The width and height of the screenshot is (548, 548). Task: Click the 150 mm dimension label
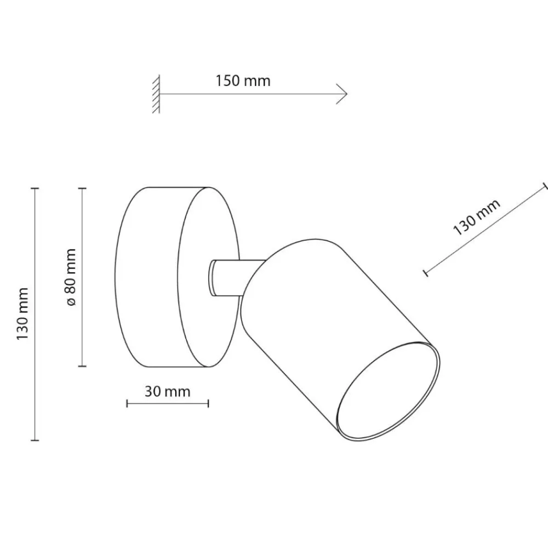[243, 81]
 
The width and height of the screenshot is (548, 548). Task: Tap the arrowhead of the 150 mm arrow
[342, 94]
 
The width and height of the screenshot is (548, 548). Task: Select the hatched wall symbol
[156, 94]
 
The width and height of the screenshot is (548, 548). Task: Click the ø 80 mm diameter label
[71, 278]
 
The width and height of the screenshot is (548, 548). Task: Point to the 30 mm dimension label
[167, 391]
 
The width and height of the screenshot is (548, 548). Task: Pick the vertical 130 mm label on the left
[22, 313]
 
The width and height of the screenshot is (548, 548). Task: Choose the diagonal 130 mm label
[477, 218]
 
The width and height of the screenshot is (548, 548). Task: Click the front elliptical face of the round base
[209, 277]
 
